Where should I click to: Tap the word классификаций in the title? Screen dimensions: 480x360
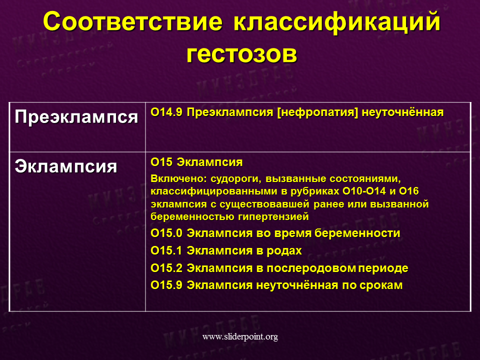point(336,22)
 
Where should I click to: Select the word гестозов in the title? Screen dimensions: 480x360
point(241,54)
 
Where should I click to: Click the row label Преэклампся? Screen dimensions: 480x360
point(76,116)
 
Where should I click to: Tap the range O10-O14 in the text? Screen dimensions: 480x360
point(364,191)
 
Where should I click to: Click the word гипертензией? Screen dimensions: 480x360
point(273,217)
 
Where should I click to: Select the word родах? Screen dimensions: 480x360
point(284,251)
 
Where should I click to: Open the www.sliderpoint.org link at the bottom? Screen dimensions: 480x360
point(240,336)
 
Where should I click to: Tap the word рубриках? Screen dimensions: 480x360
point(314,191)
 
